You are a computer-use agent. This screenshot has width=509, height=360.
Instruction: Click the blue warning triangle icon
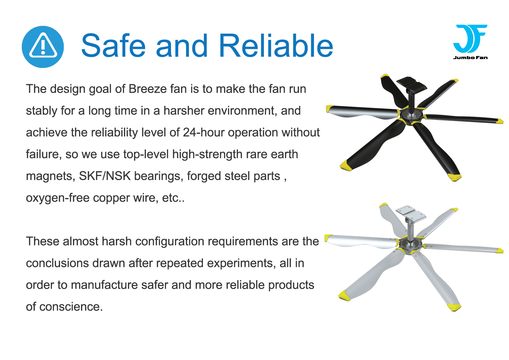point(43,47)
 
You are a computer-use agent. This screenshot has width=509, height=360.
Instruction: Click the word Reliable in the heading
point(276,46)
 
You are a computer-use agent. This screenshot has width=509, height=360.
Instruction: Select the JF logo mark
point(470,38)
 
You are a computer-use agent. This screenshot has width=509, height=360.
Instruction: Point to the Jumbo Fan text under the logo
point(470,57)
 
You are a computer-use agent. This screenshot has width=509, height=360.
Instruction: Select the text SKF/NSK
point(105,176)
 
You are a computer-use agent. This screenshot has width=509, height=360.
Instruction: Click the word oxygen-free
point(58,198)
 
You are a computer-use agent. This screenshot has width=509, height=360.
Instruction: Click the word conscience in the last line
point(71,307)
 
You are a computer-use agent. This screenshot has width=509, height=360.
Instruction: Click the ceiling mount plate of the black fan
point(411,83)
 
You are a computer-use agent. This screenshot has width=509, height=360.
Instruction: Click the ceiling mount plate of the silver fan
point(411,212)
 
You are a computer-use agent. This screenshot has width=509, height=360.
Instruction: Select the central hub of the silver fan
point(411,245)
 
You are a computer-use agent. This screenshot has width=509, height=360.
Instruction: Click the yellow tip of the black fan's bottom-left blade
point(346,165)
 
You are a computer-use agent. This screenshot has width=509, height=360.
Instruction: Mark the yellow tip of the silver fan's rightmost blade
point(500,251)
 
